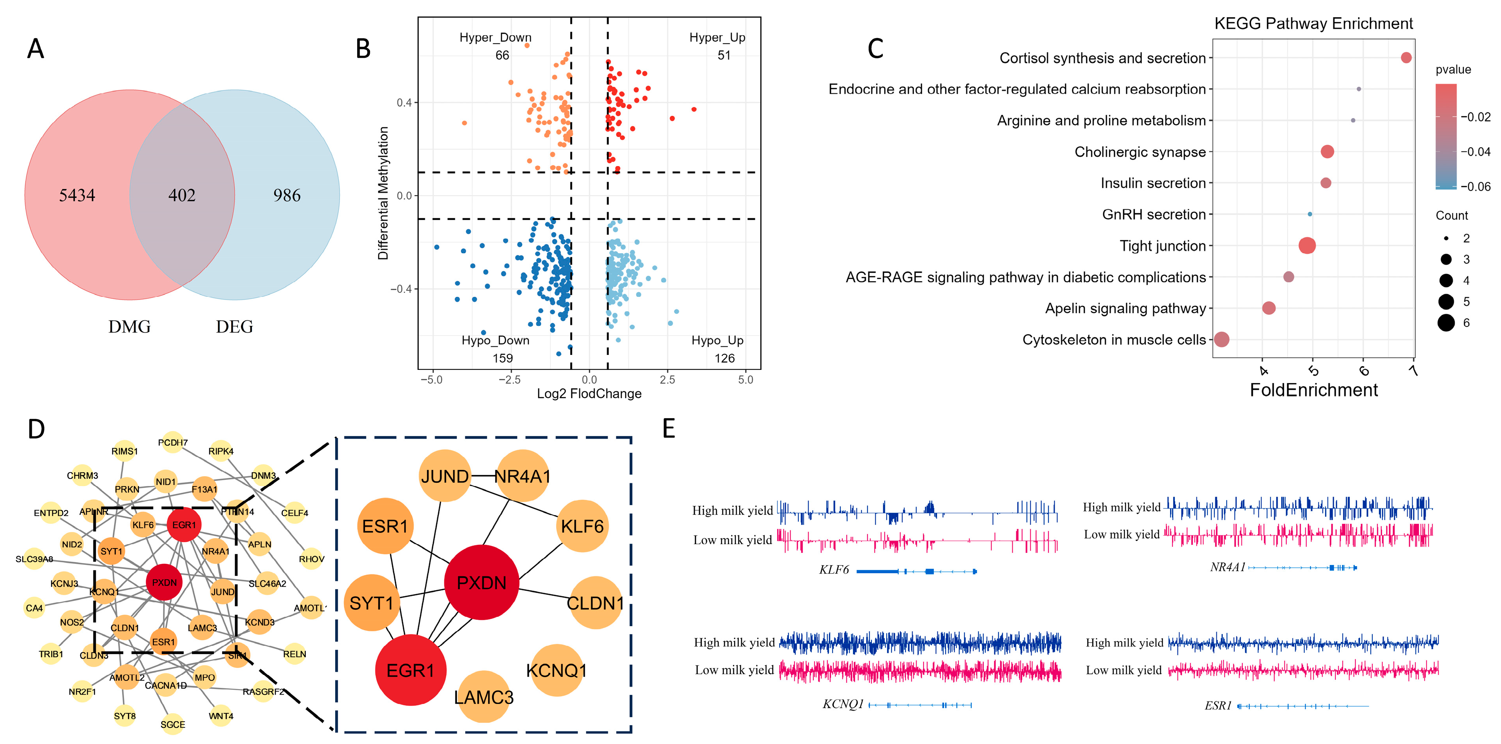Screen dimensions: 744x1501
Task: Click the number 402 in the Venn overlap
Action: coord(182,195)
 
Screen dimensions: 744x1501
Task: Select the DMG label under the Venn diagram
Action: coord(130,326)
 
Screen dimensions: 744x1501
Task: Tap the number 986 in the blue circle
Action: coord(287,195)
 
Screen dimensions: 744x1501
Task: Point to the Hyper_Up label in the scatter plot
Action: coord(717,37)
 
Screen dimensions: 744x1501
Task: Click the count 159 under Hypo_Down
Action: coord(502,358)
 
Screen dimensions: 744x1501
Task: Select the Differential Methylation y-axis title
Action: coord(383,193)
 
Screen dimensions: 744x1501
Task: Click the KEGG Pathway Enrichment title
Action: coord(1313,23)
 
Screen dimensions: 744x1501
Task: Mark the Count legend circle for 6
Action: coord(1446,322)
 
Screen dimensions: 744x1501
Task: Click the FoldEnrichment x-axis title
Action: coord(1313,390)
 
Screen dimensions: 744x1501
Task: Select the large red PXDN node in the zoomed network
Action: coord(481,582)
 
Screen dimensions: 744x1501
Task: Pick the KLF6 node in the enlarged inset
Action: coord(582,526)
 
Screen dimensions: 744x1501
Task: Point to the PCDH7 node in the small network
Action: coord(172,443)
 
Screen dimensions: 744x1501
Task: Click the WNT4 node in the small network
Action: coord(221,715)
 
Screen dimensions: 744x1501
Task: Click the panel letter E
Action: coord(668,428)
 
